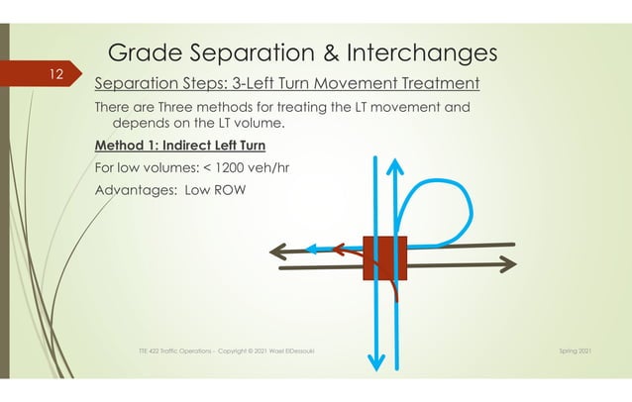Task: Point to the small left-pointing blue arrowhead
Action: (310, 250)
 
